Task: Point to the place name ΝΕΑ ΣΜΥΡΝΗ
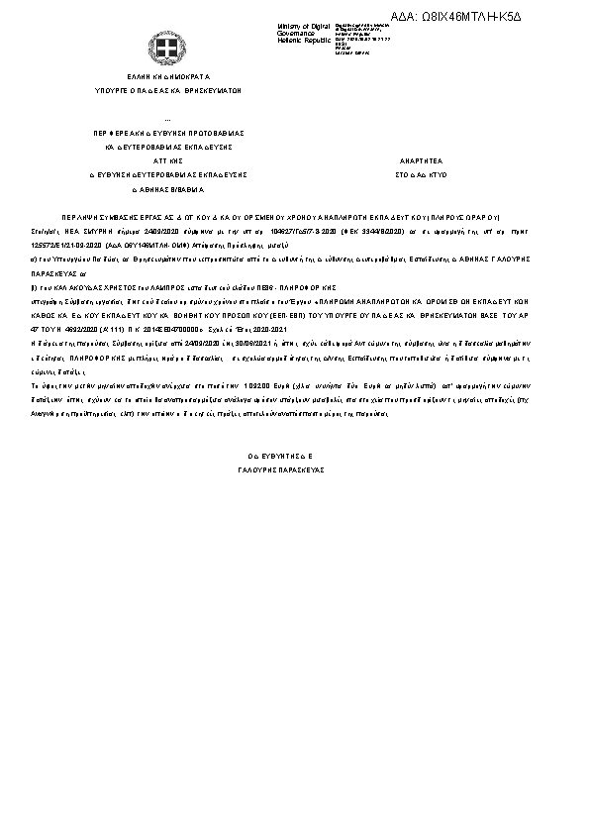[x=103, y=227]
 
